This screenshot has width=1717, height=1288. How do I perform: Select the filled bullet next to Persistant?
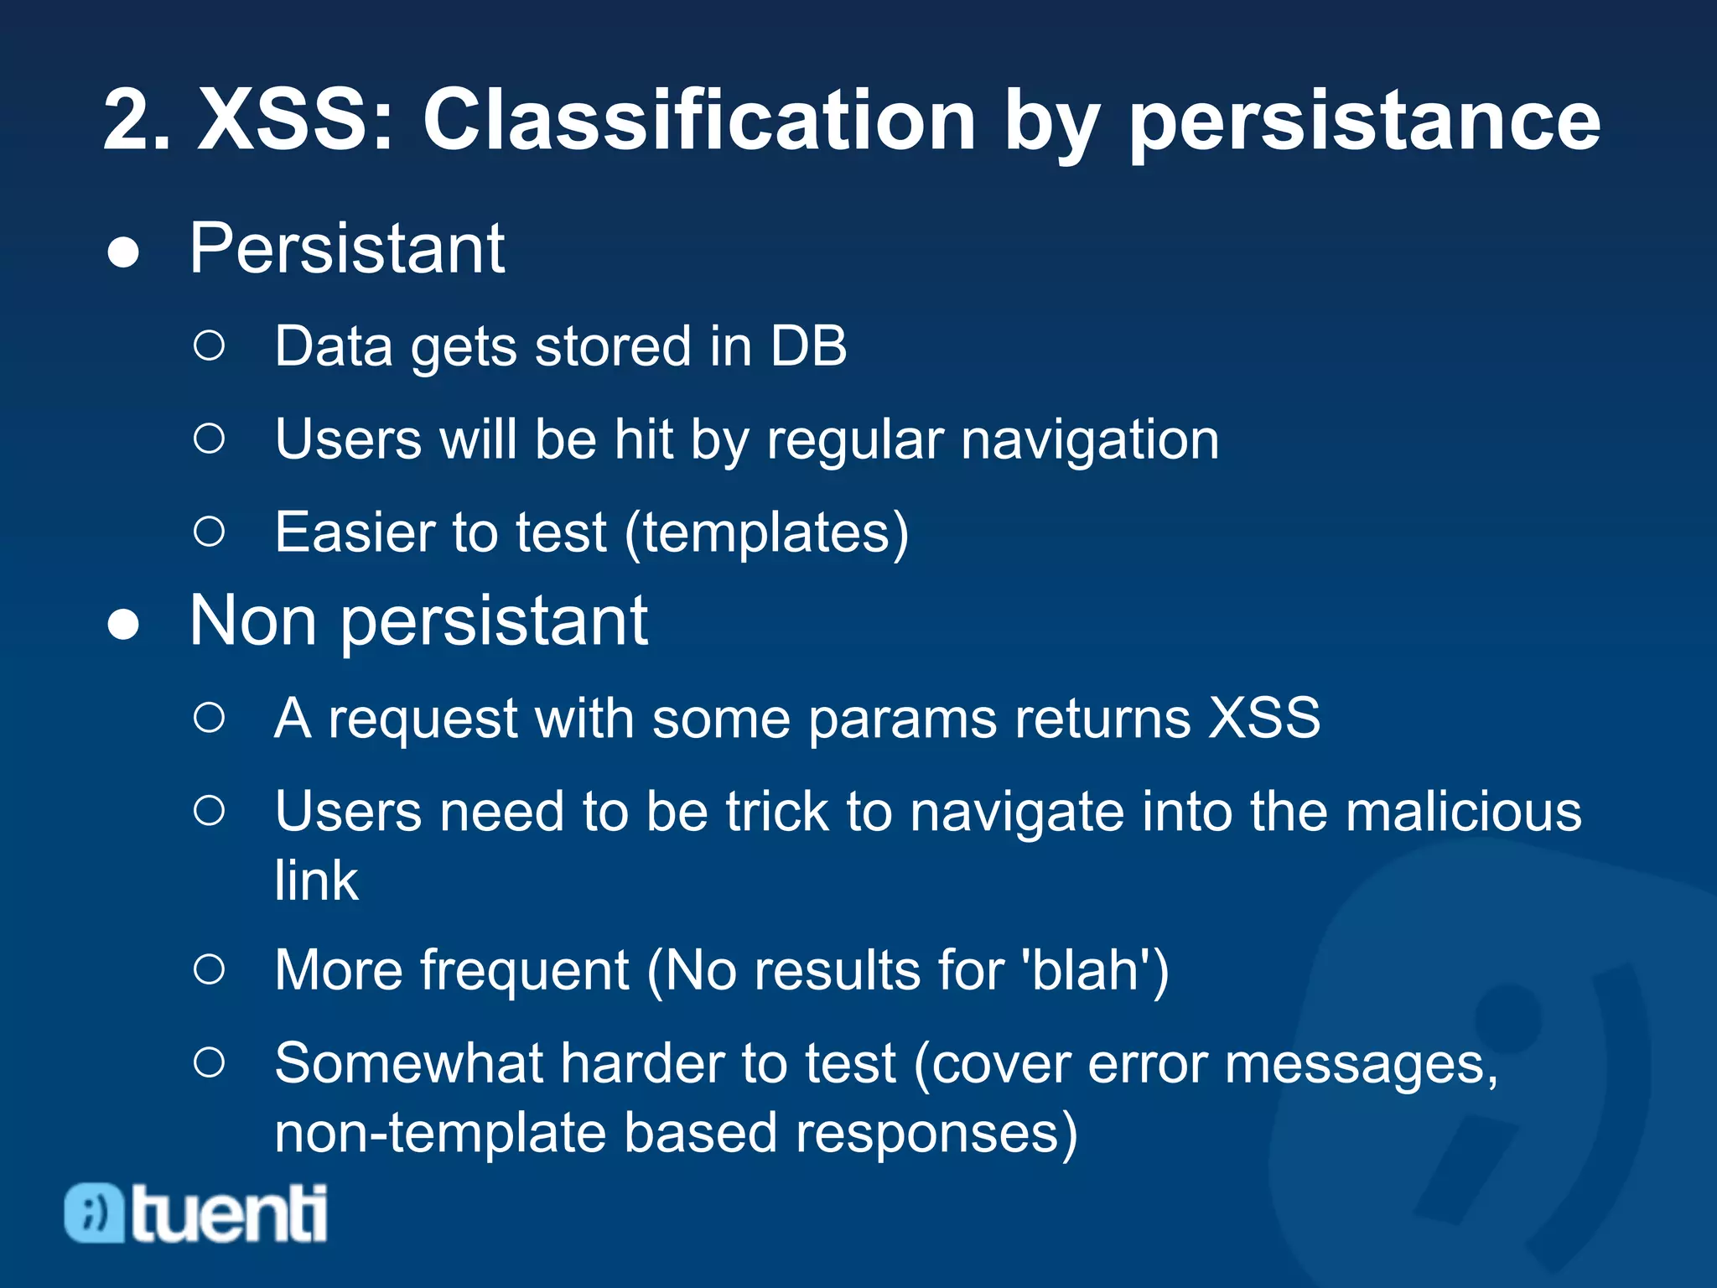point(123,252)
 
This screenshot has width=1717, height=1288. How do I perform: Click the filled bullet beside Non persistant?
point(123,625)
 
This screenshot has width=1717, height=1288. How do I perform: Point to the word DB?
point(808,345)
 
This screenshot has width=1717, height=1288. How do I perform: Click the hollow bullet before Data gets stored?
point(209,345)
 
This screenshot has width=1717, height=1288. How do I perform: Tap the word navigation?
point(1089,439)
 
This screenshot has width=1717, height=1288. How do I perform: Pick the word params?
point(902,719)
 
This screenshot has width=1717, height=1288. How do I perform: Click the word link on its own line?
point(316,880)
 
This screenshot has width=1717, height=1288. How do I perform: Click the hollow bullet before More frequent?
point(209,970)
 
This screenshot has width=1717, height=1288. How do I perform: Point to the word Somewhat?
point(408,1063)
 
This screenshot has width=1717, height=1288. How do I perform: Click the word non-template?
point(440,1133)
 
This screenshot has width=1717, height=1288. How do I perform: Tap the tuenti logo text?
point(229,1213)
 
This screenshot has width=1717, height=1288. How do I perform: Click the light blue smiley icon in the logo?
point(94,1213)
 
